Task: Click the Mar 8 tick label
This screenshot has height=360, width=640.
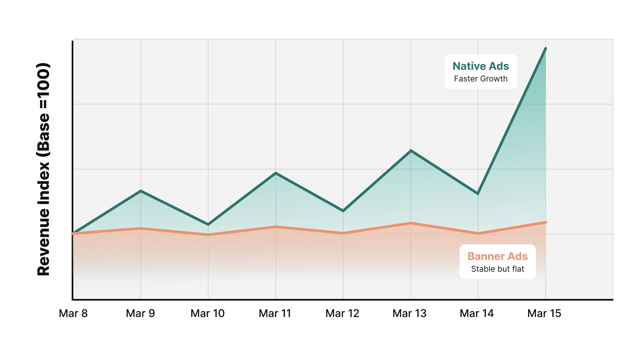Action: point(73,313)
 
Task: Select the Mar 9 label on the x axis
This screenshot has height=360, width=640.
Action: point(140,313)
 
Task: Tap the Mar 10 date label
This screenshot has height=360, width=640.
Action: point(207,313)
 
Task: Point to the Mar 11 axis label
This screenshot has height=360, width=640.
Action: point(275,313)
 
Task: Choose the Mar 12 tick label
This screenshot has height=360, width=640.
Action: point(342,313)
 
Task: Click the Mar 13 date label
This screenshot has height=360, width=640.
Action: point(409,313)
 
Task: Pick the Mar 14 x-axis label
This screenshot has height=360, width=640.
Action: point(477,313)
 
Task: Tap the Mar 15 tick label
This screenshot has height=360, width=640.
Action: point(544,313)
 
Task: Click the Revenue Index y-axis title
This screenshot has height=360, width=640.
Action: point(43,169)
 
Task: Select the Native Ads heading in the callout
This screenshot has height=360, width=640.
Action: point(481,66)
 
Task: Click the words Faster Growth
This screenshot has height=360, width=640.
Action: point(481,79)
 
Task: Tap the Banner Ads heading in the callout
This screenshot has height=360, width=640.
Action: point(497,256)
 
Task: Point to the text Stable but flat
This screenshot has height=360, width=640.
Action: point(497,269)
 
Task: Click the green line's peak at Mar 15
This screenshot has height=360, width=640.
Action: point(545,49)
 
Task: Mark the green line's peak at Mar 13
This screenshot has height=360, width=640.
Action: point(411,151)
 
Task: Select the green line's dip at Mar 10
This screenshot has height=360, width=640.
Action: point(208,224)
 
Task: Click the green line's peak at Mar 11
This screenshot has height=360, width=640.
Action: point(276,173)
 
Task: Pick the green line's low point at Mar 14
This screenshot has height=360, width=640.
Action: point(478,193)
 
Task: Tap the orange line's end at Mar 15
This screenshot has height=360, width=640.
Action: point(546,222)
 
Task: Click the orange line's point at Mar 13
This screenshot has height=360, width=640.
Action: point(411,223)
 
